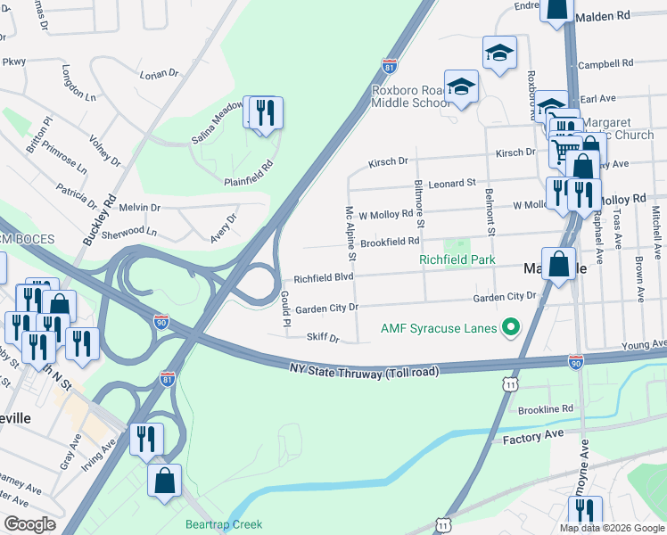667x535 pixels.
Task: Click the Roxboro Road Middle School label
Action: point(411,96)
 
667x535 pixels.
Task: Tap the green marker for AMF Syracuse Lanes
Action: point(512,329)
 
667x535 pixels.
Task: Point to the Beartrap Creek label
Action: point(224,524)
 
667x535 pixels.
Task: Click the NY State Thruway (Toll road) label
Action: point(365,369)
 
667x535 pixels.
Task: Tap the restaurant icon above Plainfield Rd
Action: point(264,113)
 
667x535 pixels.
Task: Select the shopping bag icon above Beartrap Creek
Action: point(165,481)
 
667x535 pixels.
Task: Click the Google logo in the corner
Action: point(29,523)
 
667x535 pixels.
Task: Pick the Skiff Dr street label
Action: point(324,339)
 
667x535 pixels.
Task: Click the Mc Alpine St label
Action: point(350,233)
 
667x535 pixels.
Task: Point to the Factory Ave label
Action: point(533,439)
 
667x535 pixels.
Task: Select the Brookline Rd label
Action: point(546,408)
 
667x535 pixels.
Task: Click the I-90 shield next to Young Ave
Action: point(576,360)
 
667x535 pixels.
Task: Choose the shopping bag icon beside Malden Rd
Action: point(557,9)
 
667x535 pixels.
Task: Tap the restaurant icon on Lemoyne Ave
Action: point(584,511)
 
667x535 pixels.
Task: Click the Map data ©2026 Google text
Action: point(612,527)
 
